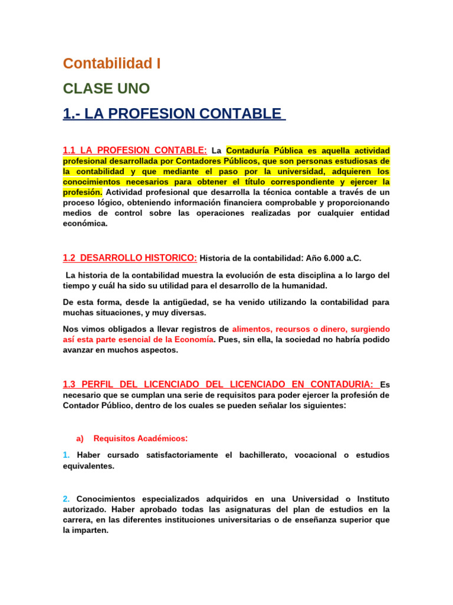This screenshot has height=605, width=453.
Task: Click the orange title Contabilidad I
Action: tap(111, 63)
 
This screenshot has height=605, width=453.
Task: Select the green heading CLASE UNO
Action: tap(106, 89)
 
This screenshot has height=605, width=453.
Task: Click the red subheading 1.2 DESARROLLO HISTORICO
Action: tap(130, 258)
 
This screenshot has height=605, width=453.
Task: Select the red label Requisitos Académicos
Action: tap(140, 438)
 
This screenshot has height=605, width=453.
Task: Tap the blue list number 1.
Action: tap(66, 455)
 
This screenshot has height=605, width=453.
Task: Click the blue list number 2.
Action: tap(66, 499)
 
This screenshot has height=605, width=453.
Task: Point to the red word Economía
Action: tap(192, 339)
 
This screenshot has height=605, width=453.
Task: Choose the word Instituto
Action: tap(370, 499)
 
